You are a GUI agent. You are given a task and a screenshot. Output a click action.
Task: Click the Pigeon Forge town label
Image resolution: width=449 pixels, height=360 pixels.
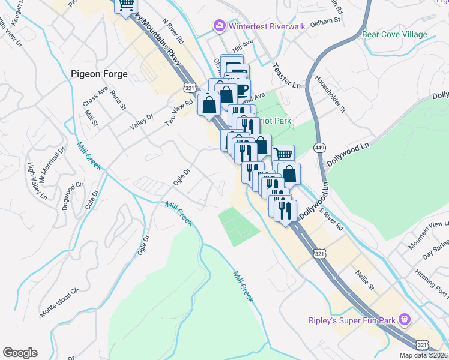point(99,74)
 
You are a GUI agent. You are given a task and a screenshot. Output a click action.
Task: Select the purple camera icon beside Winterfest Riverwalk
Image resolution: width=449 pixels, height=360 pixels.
point(219,25)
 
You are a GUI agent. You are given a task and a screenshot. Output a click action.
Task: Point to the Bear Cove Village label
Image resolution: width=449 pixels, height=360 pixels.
point(395,35)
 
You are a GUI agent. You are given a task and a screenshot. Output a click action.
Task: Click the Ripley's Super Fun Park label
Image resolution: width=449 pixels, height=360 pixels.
point(352,320)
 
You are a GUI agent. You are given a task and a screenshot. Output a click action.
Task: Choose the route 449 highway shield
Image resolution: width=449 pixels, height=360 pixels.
point(319,147)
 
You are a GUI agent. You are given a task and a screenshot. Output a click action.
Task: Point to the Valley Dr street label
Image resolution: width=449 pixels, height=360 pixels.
point(142,122)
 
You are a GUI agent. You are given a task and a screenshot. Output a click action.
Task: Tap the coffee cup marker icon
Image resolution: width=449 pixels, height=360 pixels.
point(241,91)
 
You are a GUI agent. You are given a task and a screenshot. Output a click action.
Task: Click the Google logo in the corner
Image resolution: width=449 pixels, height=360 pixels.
point(20,353)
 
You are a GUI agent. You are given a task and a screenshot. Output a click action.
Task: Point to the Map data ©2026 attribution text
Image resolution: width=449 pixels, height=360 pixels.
point(423,355)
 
